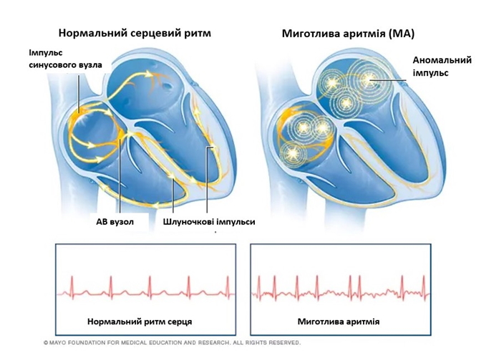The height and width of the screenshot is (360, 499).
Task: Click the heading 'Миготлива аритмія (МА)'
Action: (x=349, y=34)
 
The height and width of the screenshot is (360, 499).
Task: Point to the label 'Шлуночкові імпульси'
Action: (x=209, y=222)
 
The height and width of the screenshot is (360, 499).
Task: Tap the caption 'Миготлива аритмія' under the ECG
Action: (x=339, y=322)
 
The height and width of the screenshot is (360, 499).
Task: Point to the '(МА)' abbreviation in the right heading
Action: (x=401, y=34)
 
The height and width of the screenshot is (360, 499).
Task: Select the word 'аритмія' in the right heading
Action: (x=360, y=34)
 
